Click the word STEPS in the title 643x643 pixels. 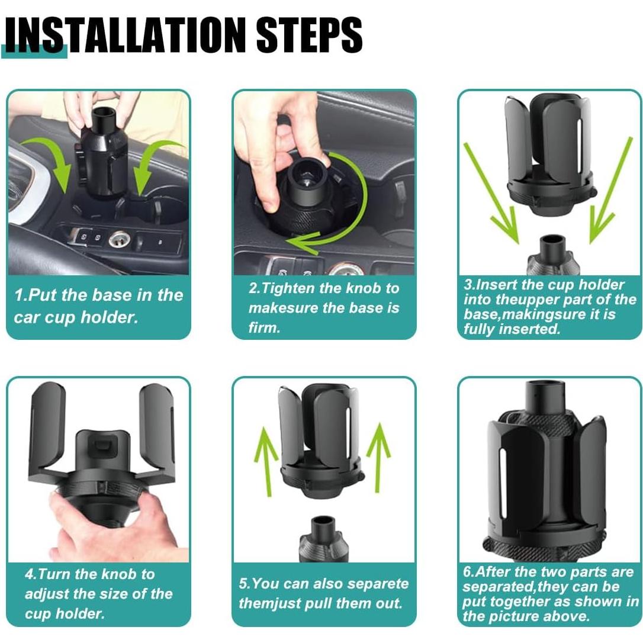click(309, 35)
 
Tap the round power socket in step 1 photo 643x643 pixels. click(119, 239)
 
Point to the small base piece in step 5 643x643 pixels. click(323, 539)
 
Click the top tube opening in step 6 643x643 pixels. click(545, 385)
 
